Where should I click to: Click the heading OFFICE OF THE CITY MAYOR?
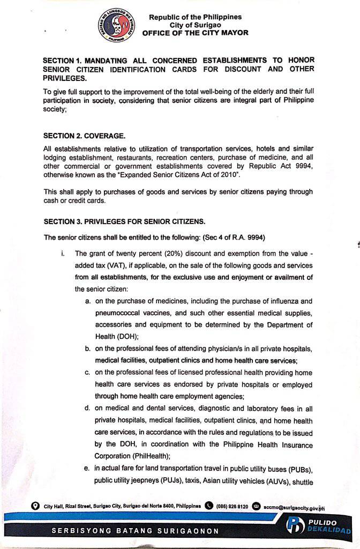[x=195, y=33]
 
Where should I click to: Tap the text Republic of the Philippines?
[x=195, y=17]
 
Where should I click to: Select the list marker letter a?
[x=87, y=301]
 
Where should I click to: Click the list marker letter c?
[x=87, y=373]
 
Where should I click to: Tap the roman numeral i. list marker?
[x=64, y=253]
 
